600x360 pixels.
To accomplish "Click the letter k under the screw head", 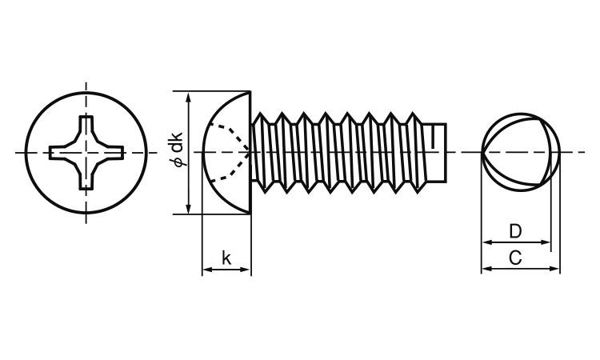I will coord(226,258).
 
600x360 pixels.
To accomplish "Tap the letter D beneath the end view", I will coord(515,232).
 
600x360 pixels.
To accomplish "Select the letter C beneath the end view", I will coord(516,258).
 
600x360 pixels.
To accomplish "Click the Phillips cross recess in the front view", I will coord(86,152).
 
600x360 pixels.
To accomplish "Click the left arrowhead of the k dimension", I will coord(206,270).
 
